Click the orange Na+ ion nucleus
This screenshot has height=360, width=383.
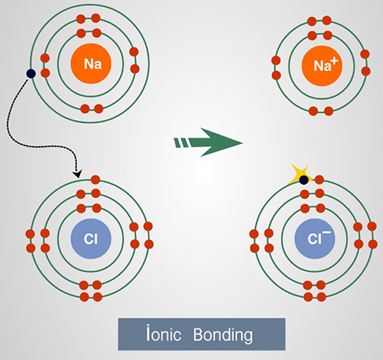(320, 64)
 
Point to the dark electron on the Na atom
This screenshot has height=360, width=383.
(30, 74)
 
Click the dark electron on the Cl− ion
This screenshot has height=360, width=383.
(304, 180)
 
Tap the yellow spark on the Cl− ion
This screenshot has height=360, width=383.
(297, 174)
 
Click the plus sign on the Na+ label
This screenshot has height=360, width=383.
(333, 58)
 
